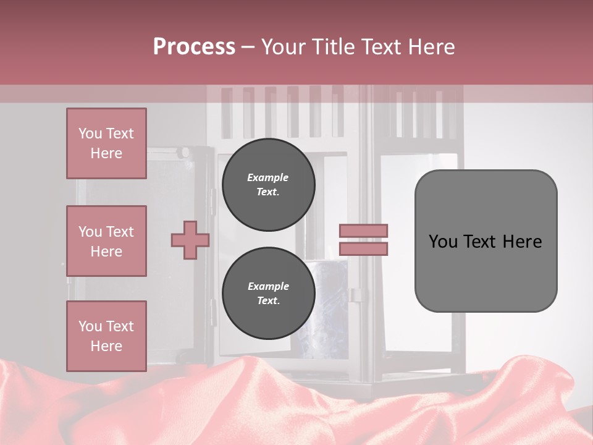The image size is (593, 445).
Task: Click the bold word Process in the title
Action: click(x=194, y=47)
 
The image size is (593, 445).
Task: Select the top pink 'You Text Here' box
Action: click(x=106, y=143)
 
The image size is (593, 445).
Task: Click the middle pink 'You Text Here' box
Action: click(x=106, y=241)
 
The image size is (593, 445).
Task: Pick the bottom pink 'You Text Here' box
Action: click(x=106, y=336)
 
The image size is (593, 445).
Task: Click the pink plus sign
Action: click(x=190, y=240)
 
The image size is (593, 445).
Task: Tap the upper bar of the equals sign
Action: click(x=364, y=231)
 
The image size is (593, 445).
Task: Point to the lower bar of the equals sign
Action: click(x=364, y=248)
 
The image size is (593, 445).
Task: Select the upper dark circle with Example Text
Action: click(x=268, y=184)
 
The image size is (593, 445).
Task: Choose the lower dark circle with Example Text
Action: click(x=268, y=293)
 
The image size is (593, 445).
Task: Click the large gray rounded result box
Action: click(x=486, y=240)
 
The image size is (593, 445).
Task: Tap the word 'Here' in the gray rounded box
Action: click(x=522, y=242)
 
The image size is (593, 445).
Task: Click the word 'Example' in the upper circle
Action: click(x=268, y=177)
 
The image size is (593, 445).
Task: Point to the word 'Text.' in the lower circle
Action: click(x=268, y=301)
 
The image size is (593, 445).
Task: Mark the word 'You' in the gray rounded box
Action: click(x=443, y=242)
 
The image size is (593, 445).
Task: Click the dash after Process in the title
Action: click(x=248, y=47)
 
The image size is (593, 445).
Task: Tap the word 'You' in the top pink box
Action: click(x=90, y=133)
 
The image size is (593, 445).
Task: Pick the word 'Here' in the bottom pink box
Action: click(x=106, y=346)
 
